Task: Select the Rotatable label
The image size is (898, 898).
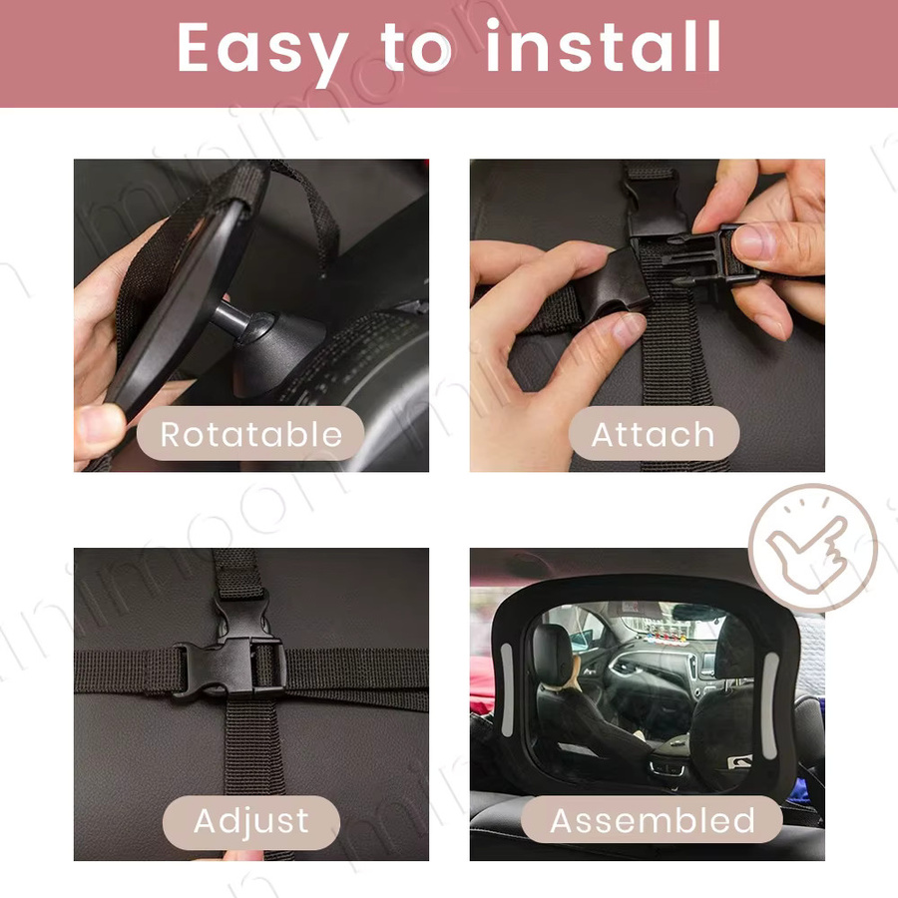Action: [x=250, y=434]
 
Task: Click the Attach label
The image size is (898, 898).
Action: [x=654, y=434]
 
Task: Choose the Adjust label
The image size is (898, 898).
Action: [x=251, y=822]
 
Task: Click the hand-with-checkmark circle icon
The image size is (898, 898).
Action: [x=812, y=547]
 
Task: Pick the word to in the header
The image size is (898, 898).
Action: [x=416, y=47]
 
